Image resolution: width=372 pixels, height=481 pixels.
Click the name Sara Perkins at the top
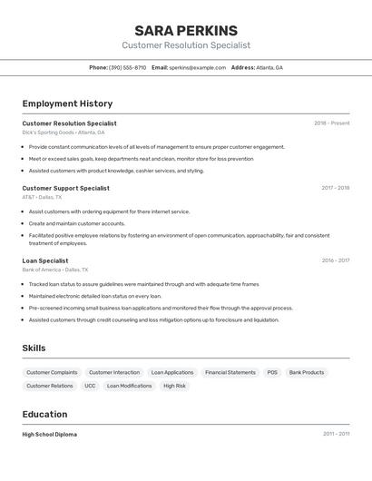[x=186, y=30]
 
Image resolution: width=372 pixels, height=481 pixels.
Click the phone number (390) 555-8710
[x=127, y=67]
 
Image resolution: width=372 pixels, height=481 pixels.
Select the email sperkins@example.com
[x=197, y=67]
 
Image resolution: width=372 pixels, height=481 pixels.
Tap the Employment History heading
[x=67, y=103]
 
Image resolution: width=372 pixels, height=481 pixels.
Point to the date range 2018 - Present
[x=331, y=123]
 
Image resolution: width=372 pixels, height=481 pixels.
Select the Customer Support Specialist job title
[x=65, y=188]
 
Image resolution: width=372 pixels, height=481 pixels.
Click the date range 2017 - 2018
[x=335, y=188]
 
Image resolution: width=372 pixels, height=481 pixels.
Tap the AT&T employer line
[x=42, y=197]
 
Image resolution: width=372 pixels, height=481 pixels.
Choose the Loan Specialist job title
[x=45, y=260]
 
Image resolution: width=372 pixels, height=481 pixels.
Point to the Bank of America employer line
[x=55, y=270]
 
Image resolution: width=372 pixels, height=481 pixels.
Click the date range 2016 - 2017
[x=335, y=260]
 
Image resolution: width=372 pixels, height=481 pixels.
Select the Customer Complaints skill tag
[x=52, y=372]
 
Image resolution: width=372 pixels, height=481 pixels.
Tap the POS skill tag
[x=272, y=372]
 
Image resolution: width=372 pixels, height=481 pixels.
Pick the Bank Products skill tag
[x=307, y=372]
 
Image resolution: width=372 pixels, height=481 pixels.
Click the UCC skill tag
[x=90, y=386]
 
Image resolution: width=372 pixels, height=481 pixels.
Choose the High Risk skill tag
[x=174, y=386]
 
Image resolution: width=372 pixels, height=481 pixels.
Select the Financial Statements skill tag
[x=230, y=372]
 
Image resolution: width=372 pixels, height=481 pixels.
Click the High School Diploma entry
[x=50, y=435]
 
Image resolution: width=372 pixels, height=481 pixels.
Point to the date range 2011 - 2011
[x=335, y=435]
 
